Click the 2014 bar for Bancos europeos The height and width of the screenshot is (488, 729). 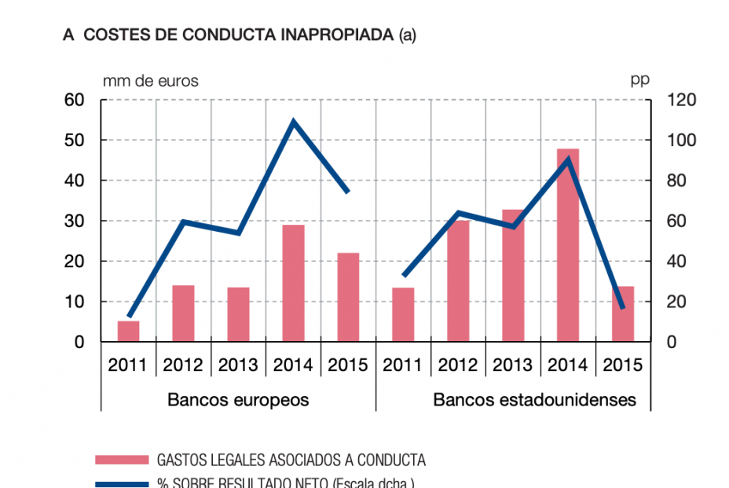point(294,284)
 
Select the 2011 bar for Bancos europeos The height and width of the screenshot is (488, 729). point(129,331)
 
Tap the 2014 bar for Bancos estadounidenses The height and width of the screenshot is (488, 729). point(568,245)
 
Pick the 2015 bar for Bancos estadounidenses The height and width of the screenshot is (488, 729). point(623,314)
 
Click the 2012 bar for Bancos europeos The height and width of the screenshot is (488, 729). point(184,314)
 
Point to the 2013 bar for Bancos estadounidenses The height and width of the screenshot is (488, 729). point(513,276)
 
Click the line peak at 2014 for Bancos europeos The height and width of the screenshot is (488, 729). point(294,122)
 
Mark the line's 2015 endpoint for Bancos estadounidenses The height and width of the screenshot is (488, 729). point(623,307)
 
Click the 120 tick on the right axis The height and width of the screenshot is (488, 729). point(680,100)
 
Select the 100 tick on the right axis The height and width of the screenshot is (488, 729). point(680,141)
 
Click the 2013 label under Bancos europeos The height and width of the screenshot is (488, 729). point(239,365)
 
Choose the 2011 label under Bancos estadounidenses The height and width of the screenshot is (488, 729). point(403,365)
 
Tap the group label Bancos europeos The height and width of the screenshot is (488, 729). point(238,400)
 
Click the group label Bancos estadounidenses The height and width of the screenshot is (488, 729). point(535,400)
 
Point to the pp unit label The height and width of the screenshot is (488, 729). point(639,80)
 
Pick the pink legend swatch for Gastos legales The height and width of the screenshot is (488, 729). point(122,460)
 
